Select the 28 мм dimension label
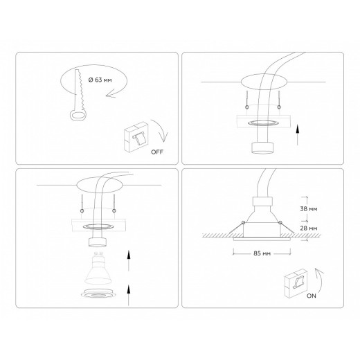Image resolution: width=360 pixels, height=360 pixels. pyautogui.click(x=309, y=227)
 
